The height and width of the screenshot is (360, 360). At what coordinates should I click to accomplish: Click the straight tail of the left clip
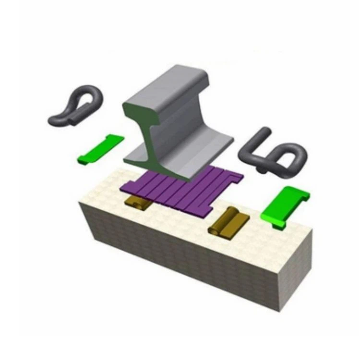[60, 117]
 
